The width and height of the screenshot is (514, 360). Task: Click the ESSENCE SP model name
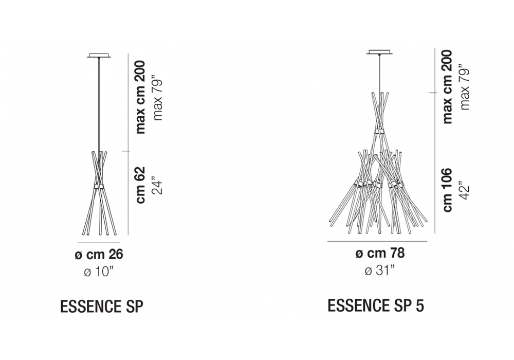pos(102,307)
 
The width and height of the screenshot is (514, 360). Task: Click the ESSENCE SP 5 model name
pos(376,306)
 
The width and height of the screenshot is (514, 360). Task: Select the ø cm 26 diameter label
pos(99,255)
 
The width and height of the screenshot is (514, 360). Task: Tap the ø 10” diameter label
pos(99,272)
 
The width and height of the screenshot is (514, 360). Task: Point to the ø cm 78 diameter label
pos(380,253)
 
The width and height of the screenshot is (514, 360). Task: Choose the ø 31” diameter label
pos(380,271)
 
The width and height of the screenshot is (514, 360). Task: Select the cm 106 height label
pos(447,190)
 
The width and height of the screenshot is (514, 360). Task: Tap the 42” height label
pos(465,190)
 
